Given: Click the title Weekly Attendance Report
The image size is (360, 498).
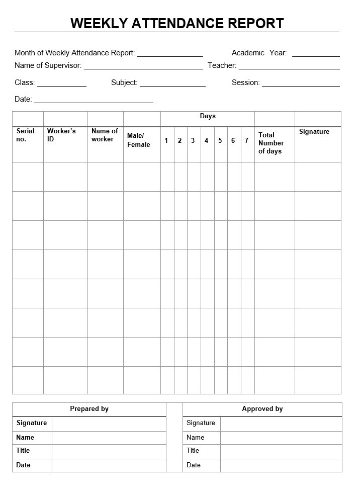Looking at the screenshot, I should point(177,23).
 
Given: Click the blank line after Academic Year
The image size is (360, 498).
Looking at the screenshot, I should point(316,54).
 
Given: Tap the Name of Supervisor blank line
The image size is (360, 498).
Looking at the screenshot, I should point(143,67).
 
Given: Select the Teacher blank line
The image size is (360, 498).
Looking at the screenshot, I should point(289,67).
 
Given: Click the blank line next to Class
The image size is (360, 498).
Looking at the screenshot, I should point(61,84).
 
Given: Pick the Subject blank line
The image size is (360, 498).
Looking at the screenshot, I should point(172,84).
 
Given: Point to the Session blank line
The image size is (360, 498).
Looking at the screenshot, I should point(301,84).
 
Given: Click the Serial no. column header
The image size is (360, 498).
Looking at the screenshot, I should point(25,135).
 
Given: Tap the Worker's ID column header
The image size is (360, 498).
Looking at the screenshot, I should point(61,135).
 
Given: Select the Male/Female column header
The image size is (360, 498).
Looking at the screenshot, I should point(138,140).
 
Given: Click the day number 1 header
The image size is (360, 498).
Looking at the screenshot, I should point(166,141).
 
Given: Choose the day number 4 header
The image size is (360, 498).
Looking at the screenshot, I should point(206,141).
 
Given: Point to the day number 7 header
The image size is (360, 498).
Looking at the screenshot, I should point(246,141).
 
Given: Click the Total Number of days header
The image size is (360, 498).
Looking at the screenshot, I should point(271,143).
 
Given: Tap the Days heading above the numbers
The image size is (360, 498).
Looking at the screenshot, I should point(208,116).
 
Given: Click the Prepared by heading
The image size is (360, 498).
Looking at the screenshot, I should point(89,409).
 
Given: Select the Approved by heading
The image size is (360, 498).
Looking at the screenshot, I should point(262,409).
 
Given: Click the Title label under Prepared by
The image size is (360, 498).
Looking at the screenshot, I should point(23,451).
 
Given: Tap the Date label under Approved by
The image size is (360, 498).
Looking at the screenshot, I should point(194,465).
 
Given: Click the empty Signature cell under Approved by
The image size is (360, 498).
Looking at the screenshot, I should point(281,424).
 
